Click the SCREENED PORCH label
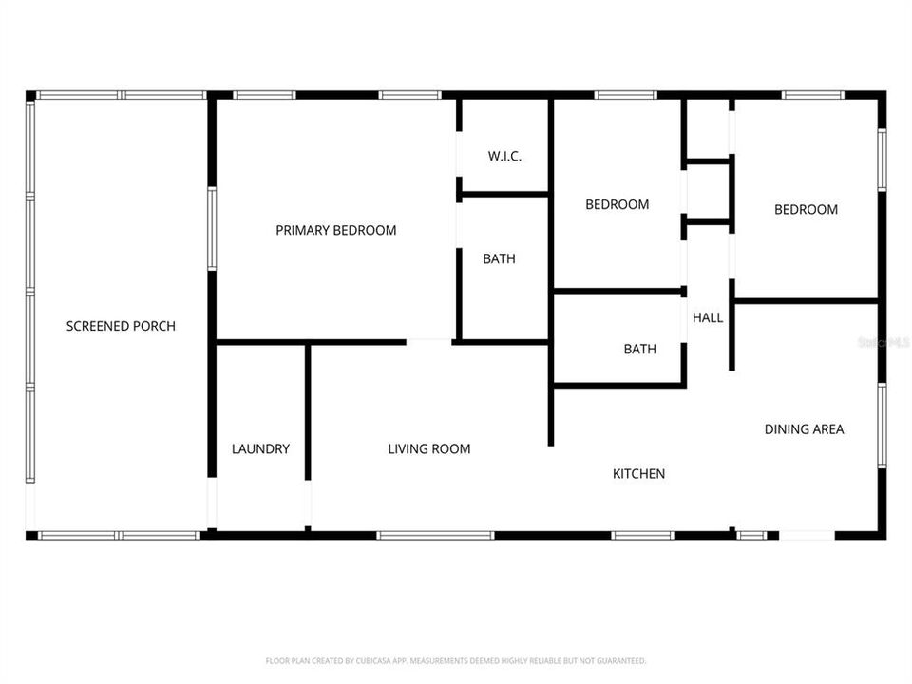coord(121,326)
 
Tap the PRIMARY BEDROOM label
coord(335,230)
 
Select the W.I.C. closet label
coord(504,157)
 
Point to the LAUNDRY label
coord(260,448)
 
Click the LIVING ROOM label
coord(428,448)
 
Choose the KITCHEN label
coord(638,473)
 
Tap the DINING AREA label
coord(804,429)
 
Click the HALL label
coord(708,317)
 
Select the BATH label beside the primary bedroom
coord(499,258)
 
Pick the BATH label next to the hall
coord(639,349)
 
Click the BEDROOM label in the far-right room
coord(806,210)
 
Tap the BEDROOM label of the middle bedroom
coord(617,204)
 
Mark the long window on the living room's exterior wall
coord(435,536)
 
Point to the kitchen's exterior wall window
coord(642,536)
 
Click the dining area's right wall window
coord(882,425)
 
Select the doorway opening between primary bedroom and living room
coord(428,341)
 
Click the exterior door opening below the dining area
coord(807,536)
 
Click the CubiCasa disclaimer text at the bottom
coord(456,660)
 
